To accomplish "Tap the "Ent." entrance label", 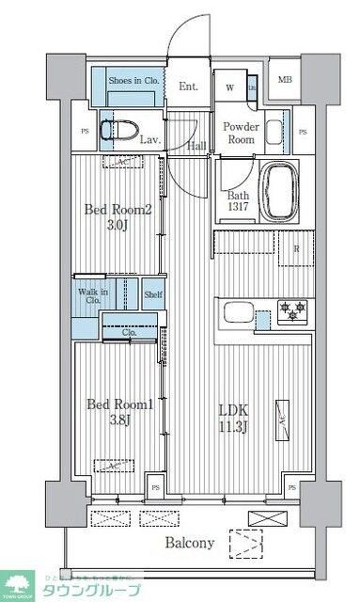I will [x=188, y=87].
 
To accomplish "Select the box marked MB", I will [x=284, y=80].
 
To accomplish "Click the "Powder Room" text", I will [x=239, y=132].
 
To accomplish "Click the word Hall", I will [x=196, y=145].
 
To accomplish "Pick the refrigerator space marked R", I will [x=296, y=250].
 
